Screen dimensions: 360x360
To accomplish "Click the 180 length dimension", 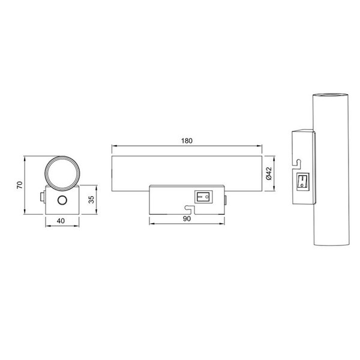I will pos(186,141).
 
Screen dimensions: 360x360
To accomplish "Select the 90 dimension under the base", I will pos(186,219).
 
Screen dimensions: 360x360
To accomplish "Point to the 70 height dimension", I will pos(19,186).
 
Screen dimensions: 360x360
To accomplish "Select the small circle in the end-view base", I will pos(62,200).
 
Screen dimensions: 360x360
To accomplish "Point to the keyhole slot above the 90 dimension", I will pos(188,209).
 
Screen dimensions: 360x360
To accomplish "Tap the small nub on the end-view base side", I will pos(43,196).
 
